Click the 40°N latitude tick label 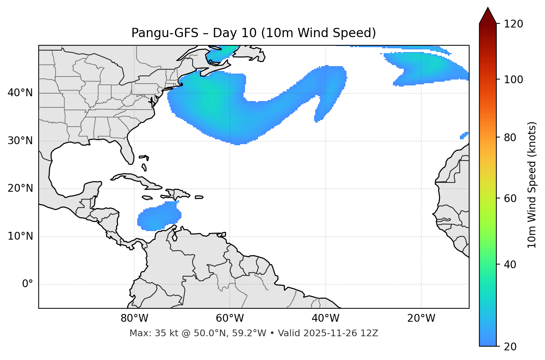pos(20,93)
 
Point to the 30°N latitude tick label pos(20,141)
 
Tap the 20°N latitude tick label pos(20,188)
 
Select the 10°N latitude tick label pos(20,236)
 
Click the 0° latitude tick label pos(28,284)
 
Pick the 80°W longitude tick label pos(134,318)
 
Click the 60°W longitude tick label pos(230,318)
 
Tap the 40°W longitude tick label pos(325,318)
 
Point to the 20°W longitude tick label pos(421,318)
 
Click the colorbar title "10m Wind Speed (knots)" pos(532,185)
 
